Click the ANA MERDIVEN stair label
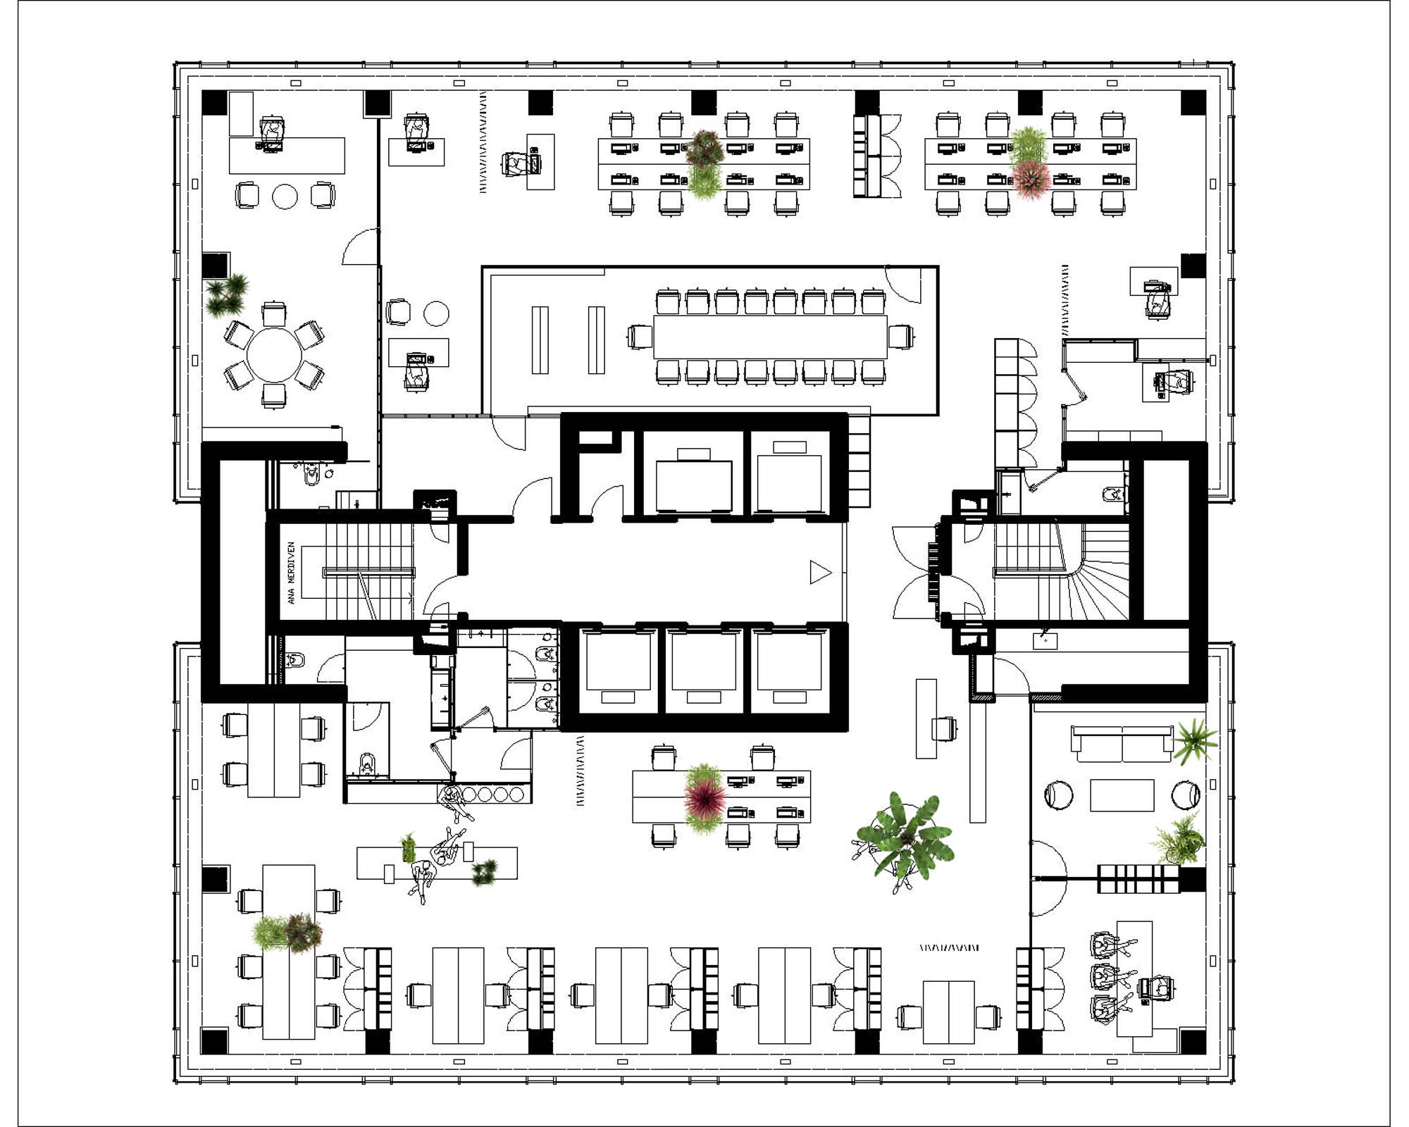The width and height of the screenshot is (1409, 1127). [x=291, y=573]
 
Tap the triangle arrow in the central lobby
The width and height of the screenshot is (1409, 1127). [x=819, y=572]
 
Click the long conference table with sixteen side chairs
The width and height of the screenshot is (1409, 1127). [x=769, y=337]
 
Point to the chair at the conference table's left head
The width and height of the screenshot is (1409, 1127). [x=640, y=337]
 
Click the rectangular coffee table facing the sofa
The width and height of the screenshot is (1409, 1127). [x=1122, y=795]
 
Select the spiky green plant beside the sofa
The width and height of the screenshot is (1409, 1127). [x=1194, y=740]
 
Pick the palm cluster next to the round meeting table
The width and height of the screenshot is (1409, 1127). [x=227, y=295]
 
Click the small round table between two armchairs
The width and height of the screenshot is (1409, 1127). [x=285, y=197]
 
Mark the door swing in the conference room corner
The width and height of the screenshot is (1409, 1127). [x=903, y=285]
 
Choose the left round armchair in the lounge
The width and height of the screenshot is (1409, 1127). [x=1057, y=795]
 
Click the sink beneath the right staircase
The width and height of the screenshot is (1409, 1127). [x=1045, y=640]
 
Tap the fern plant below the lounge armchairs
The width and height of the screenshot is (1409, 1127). [x=1177, y=840]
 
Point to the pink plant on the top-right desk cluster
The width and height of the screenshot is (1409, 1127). [x=1031, y=178]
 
